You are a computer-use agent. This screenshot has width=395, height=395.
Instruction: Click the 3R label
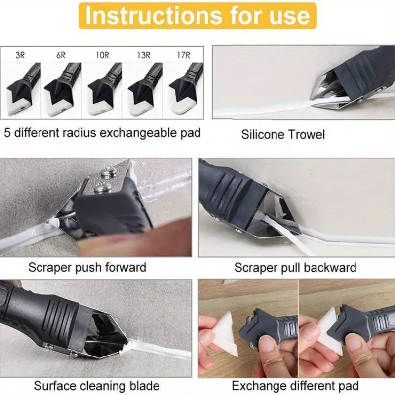[20, 55]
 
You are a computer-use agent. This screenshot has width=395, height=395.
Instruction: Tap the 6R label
[61, 55]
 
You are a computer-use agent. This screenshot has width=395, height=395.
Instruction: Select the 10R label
[102, 55]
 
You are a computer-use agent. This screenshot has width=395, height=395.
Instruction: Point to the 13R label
[144, 55]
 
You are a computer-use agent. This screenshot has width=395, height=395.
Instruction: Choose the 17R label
[183, 55]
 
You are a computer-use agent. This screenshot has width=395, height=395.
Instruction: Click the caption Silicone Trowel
[283, 134]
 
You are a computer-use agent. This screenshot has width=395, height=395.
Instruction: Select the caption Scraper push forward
[87, 268]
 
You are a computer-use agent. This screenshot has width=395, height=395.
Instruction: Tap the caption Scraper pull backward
[295, 268]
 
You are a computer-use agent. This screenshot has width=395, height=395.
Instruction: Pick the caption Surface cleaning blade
[96, 386]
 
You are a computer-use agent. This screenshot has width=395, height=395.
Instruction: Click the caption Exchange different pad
[295, 386]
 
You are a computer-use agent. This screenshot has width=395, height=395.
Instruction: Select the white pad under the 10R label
[101, 106]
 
